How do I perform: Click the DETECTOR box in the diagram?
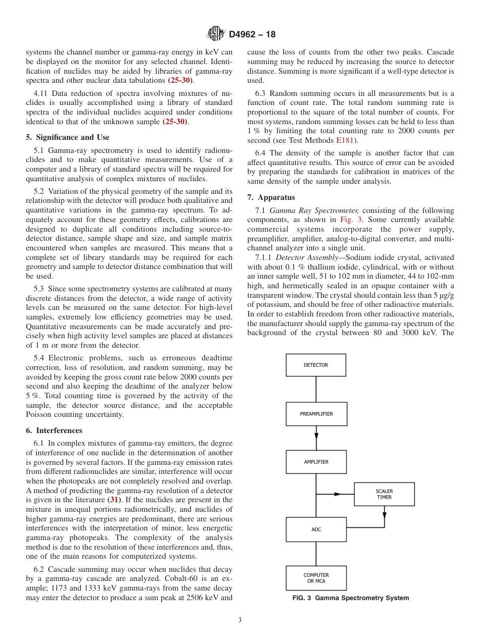coord(316,365)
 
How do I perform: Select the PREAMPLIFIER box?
coord(316,414)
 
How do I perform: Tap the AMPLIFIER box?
coord(316,462)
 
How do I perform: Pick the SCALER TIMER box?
coord(384,494)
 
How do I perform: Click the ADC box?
coord(316,529)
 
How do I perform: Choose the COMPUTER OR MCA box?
coord(316,578)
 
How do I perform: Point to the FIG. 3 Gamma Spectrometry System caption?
coord(351,598)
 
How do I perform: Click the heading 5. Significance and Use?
coord(67,137)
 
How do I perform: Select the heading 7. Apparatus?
coord(271,197)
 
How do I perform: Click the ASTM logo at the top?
coord(215,34)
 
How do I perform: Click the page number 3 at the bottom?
coord(240,620)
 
